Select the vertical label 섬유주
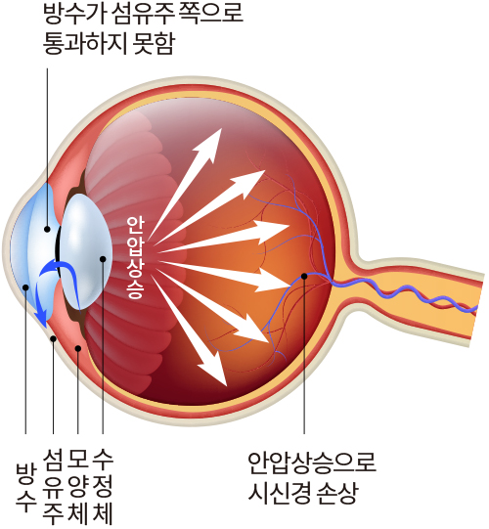[53, 487]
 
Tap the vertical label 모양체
[78, 487]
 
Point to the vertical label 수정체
[103, 487]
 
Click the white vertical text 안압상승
[136, 258]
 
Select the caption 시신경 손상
[302, 492]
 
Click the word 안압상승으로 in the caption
[312, 463]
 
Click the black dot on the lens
[103, 259]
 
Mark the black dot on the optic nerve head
[304, 276]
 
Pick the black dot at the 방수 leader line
[25, 287]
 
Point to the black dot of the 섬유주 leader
[53, 338]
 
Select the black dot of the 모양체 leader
[78, 348]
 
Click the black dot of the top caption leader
[47, 230]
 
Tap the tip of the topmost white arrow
[221, 128]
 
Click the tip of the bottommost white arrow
[227, 385]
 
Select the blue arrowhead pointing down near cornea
[42, 321]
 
